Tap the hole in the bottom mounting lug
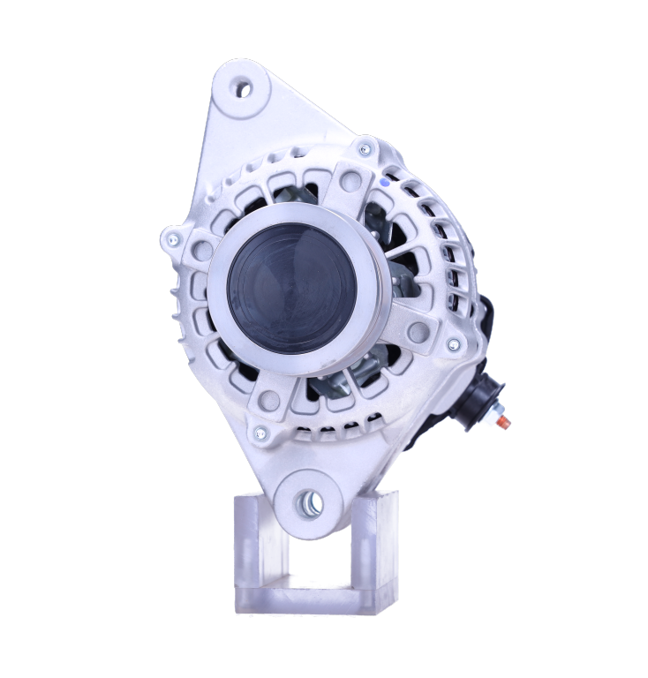click(x=310, y=502)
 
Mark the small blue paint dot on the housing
click(x=384, y=181)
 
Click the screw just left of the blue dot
click(x=365, y=149)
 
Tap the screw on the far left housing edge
click(x=172, y=239)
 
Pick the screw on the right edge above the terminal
click(x=452, y=343)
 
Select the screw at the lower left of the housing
click(x=260, y=433)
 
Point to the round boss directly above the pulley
click(x=350, y=181)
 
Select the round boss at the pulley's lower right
click(x=418, y=332)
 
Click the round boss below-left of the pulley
click(x=270, y=400)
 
